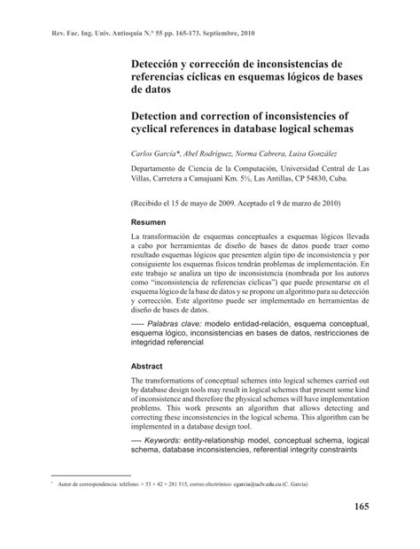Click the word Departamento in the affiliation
160,168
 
